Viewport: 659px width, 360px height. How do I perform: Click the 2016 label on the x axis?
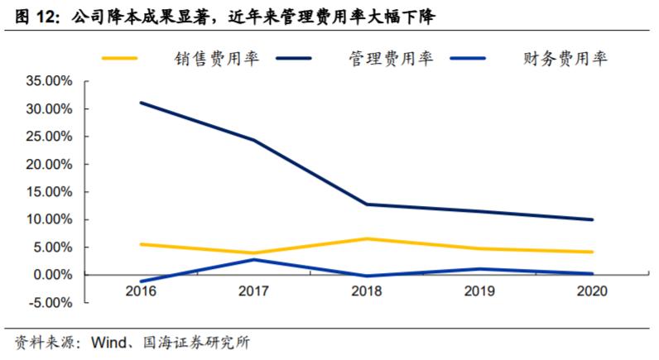(x=142, y=291)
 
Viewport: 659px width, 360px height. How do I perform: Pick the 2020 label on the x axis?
(x=590, y=291)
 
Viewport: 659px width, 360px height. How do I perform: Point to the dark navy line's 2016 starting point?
(x=142, y=103)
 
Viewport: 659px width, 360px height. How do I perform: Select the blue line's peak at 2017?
(x=253, y=259)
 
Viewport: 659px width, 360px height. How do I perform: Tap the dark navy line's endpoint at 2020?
(x=590, y=219)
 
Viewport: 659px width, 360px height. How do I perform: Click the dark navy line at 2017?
(x=253, y=140)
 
